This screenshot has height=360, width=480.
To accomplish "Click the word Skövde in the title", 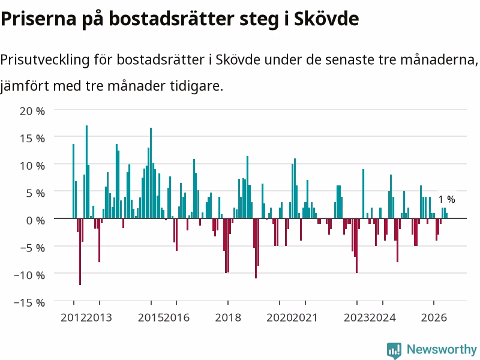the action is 326,19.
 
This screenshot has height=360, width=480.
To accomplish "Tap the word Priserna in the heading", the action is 38,19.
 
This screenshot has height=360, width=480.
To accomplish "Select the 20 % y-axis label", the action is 32,111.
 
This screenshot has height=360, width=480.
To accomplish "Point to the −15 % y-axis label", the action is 29,302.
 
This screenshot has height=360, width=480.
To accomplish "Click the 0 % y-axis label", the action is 35,220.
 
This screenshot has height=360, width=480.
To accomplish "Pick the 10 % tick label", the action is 32,166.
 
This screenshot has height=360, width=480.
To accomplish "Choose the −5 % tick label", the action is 32,247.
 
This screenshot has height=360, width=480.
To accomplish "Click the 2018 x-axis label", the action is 228,317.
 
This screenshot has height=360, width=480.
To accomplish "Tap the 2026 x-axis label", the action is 434,317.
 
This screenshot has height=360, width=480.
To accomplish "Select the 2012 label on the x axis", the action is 73,317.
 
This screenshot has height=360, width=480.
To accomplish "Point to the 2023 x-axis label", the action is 356,317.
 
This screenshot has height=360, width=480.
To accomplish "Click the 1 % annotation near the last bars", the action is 446,199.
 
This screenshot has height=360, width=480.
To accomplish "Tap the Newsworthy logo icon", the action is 394,350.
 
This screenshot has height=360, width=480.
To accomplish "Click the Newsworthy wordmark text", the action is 442,349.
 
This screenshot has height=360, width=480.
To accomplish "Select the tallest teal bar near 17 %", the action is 86,172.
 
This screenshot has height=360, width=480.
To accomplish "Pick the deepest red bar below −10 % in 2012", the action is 80,251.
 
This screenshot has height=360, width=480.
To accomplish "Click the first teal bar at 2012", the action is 73,181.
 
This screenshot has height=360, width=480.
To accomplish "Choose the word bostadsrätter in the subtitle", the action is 160,59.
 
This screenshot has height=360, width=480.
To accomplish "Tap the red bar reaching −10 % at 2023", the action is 356,245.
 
